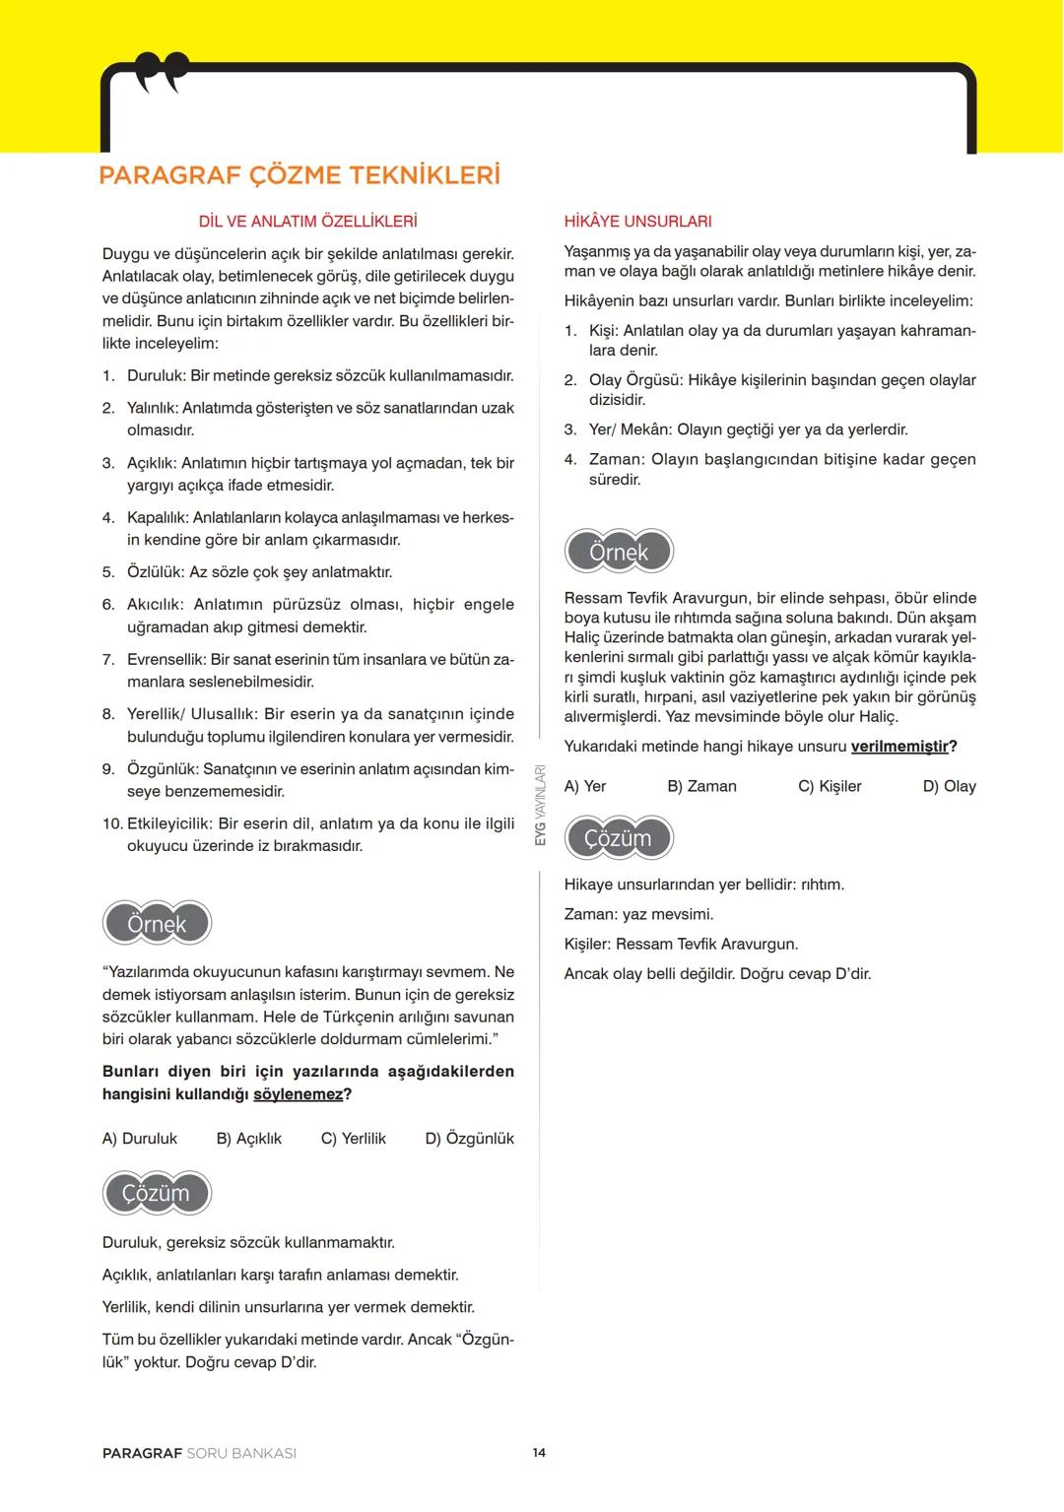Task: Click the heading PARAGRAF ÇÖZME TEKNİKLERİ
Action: pyautogui.click(x=299, y=176)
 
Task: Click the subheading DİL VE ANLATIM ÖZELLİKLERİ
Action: pyautogui.click(x=307, y=222)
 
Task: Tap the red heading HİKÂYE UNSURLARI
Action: pyautogui.click(x=637, y=222)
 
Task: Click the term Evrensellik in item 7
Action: pyautogui.click(x=166, y=660)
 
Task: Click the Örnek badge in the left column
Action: pyautogui.click(x=158, y=924)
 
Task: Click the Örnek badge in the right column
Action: pyautogui.click(x=619, y=552)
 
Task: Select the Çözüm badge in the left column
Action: pyautogui.click(x=157, y=1193)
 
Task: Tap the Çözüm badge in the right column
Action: pyautogui.click(x=619, y=838)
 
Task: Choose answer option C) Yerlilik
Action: pyautogui.click(x=353, y=1139)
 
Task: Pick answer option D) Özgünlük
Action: pyautogui.click(x=469, y=1139)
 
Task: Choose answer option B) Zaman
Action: pyautogui.click(x=701, y=786)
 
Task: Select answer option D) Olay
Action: pyautogui.click(x=949, y=786)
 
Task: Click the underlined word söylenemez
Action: pyautogui.click(x=298, y=1094)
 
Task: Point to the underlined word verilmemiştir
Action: pyautogui.click(x=899, y=747)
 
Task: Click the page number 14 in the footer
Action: pyautogui.click(x=539, y=1453)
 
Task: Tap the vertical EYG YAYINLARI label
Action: pyautogui.click(x=540, y=806)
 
